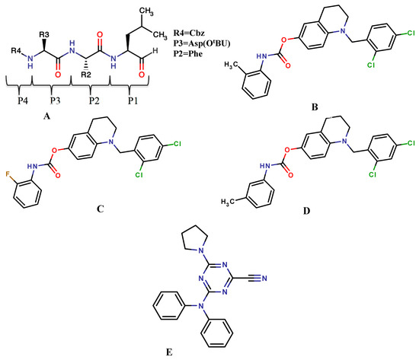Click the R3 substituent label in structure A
(x=46, y=34)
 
